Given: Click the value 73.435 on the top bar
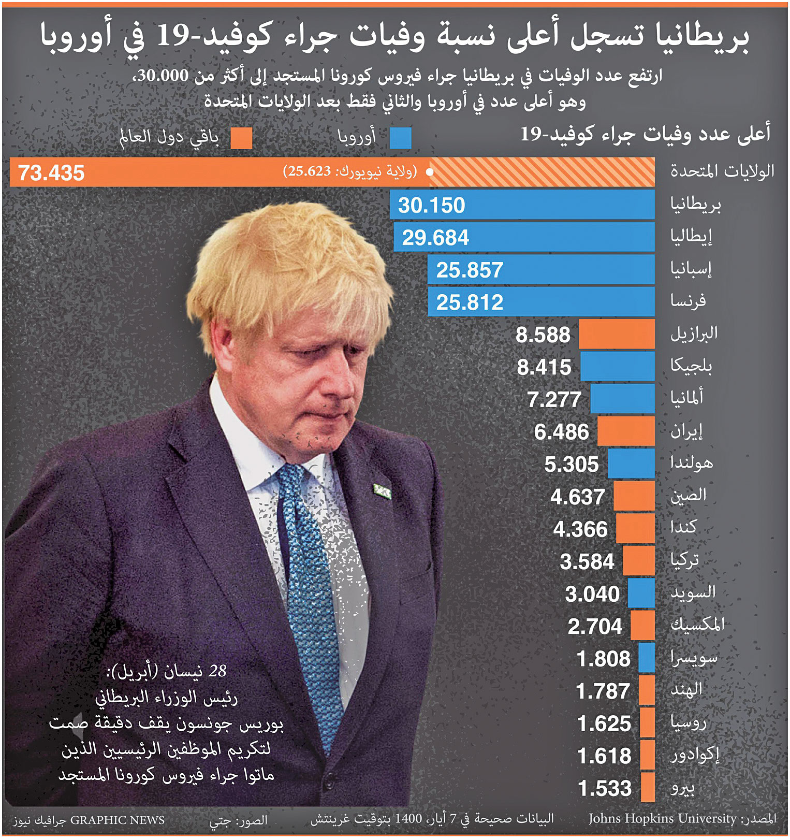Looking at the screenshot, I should point(51,173).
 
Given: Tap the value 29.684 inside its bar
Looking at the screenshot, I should point(435,238).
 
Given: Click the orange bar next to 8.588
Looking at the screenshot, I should point(616,334).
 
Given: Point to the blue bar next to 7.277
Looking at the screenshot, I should point(622,399).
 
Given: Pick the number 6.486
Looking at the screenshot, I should point(561,432).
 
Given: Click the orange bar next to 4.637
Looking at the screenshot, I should point(634,496).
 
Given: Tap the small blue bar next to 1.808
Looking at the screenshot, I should point(647,658).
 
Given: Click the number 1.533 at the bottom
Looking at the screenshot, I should point(605,788).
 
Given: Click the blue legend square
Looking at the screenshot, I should point(401,138).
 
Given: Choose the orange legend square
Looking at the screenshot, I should point(241,138).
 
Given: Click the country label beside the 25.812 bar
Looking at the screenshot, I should point(688,301).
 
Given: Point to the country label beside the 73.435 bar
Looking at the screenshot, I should point(722,171).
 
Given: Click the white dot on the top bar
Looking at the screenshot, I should point(429,172).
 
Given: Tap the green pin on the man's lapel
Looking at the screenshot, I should point(383,490).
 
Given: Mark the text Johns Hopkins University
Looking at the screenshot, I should point(662,819).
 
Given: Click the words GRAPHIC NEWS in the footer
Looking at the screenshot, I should point(117,820).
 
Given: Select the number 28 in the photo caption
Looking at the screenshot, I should point(217,671).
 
